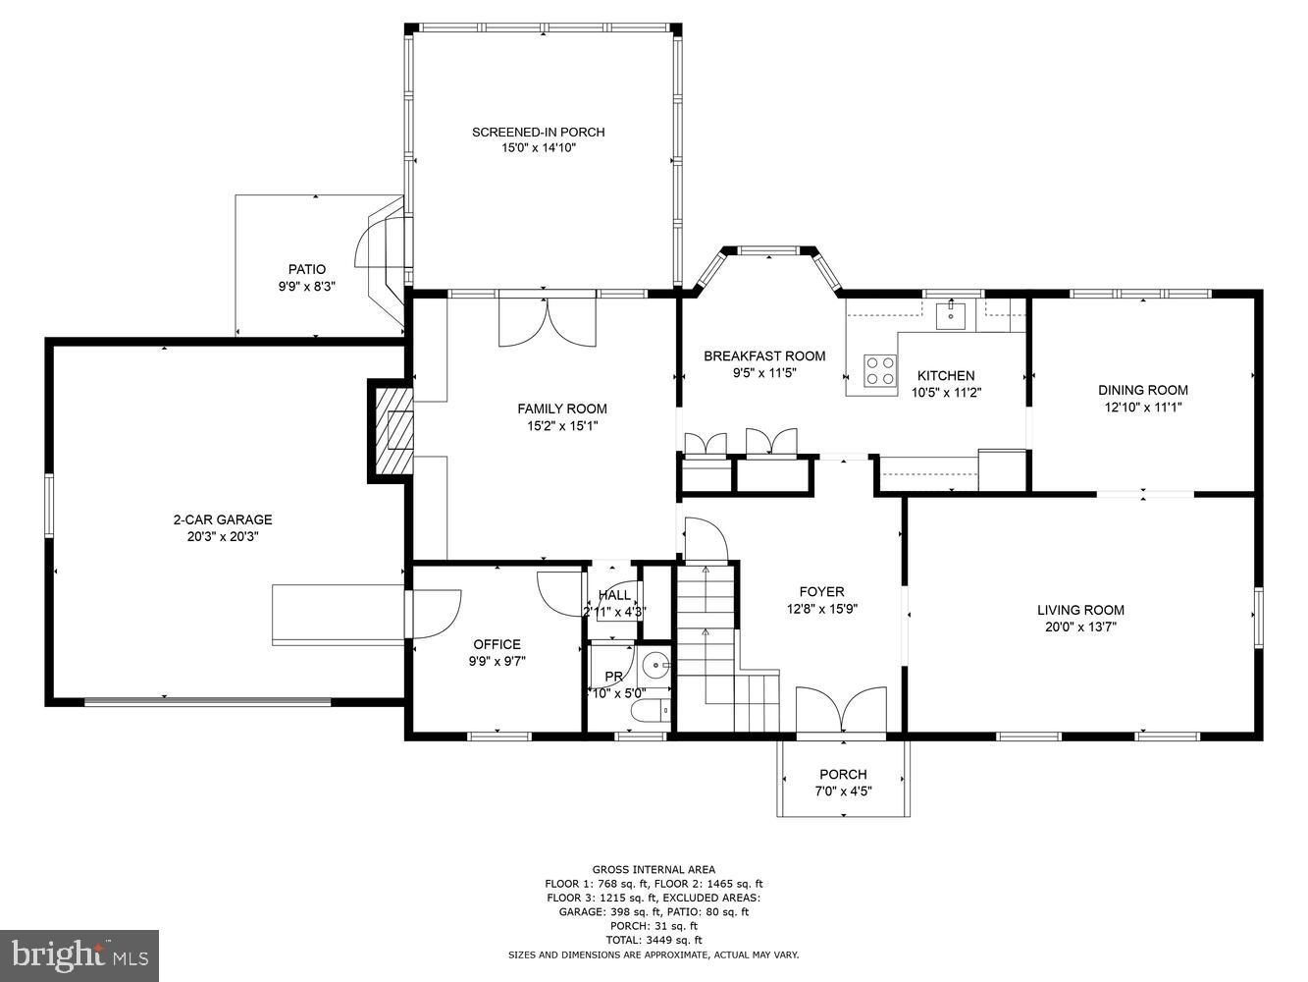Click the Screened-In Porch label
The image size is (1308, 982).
click(x=538, y=133)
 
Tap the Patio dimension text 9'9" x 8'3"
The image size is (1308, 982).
click(x=306, y=287)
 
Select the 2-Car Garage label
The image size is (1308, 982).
click(x=223, y=519)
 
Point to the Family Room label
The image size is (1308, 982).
click(x=562, y=409)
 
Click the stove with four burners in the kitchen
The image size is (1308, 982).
click(x=879, y=370)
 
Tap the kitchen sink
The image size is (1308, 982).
click(x=950, y=315)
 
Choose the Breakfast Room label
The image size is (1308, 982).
click(x=764, y=356)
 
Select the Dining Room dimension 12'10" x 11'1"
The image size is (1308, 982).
click(x=1142, y=406)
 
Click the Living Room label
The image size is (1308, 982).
click(x=1080, y=610)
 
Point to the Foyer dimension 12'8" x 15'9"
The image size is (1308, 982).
click(x=821, y=608)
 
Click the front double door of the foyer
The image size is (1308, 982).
click(x=842, y=710)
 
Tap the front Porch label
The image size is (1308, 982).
click(x=843, y=774)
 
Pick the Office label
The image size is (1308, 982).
click(x=497, y=644)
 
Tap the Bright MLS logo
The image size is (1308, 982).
click(x=79, y=955)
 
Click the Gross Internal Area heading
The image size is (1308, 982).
click(x=654, y=869)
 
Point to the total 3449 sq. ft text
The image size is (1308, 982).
click(x=654, y=940)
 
